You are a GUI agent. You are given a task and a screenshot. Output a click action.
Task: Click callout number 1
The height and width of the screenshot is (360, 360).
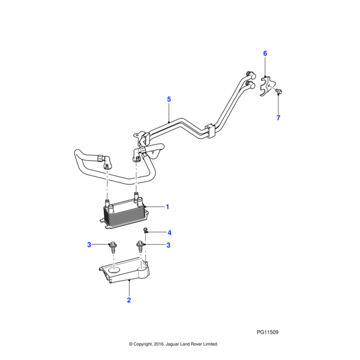pos(167,207)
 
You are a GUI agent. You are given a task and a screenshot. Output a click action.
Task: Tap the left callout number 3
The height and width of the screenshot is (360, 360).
pos(89,244)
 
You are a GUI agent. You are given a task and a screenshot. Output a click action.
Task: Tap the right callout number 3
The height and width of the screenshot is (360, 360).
pos(169,245)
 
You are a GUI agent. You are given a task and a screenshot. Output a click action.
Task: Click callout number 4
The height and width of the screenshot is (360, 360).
pos(170,232)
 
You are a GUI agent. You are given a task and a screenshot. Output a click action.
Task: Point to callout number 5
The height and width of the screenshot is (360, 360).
pos(169,99)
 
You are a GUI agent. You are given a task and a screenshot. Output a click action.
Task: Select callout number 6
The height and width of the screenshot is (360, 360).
pos(265,53)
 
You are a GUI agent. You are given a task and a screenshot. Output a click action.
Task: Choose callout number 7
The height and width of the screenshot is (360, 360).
pos(278,118)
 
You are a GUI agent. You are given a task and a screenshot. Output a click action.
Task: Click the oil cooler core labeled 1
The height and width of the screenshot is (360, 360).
pos(124,214)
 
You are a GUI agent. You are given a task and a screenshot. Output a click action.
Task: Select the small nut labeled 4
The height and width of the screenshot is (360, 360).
pos(145,231)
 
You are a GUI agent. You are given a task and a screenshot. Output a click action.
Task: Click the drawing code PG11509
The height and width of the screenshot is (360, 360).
pos(267,332)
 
